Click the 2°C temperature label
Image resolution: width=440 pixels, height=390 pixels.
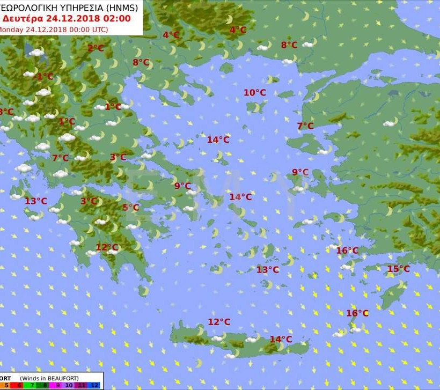pos(96,48)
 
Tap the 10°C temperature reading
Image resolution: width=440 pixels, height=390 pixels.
pos(255,93)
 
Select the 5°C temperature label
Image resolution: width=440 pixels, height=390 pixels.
pos(130,208)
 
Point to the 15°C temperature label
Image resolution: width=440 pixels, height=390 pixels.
pos(398,269)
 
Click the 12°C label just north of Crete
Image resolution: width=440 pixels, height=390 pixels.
pos(219,322)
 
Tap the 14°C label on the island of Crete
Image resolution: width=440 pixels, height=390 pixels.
pos(281,339)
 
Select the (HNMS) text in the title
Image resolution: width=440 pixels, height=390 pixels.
pos(121,8)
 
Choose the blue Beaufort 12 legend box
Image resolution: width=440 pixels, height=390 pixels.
pos(94,385)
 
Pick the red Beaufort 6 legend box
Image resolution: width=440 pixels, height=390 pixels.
pos(19,385)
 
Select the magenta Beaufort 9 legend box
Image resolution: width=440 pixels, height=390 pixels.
pos(56,385)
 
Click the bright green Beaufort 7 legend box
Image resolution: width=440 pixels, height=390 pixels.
pos(32,385)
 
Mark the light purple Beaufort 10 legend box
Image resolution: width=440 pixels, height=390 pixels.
pos(69,385)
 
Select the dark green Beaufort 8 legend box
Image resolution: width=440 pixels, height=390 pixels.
pos(44,385)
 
